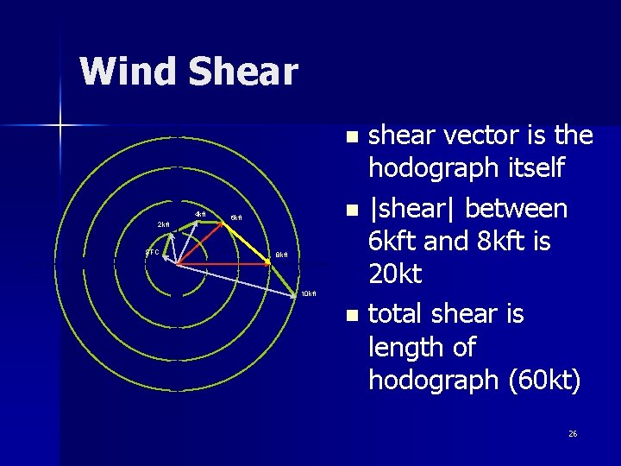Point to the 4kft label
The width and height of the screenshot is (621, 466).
200,214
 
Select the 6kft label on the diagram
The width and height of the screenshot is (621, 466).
235,218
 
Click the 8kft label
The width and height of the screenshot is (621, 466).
281,255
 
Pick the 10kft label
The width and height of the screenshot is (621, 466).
309,294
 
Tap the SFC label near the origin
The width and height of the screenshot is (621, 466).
152,252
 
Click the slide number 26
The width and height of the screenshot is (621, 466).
573,433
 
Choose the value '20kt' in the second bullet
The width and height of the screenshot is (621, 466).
395,274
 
